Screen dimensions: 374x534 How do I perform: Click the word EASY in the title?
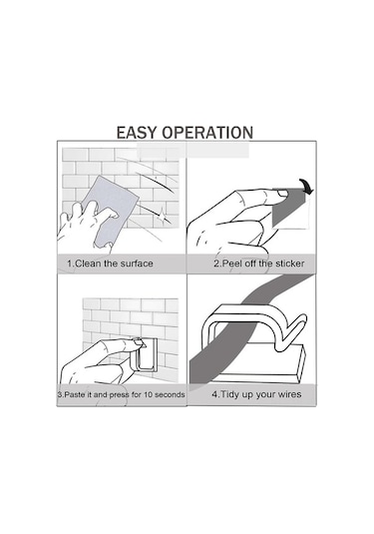point(137,133)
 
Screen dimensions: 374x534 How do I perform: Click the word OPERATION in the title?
point(207,133)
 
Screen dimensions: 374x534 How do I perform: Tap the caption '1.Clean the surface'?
point(110,264)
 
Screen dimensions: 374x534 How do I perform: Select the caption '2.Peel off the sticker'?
point(259,264)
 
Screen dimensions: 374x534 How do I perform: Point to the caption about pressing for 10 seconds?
point(121,394)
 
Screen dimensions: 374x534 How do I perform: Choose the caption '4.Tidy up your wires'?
point(256,394)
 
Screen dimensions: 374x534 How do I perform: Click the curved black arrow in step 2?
point(306,187)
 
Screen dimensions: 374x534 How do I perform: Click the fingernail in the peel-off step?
point(283,194)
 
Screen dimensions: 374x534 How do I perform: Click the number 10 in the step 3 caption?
point(148,394)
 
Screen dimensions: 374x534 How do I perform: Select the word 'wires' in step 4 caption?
point(290,394)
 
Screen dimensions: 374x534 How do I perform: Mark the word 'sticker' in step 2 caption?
point(290,264)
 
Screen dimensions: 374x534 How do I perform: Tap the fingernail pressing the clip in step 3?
point(140,342)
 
